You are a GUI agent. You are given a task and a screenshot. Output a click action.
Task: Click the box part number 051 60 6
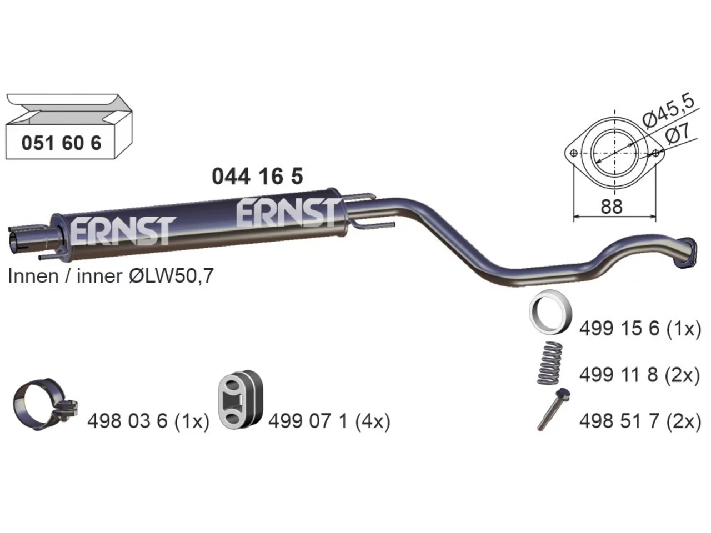pyautogui.click(x=62, y=143)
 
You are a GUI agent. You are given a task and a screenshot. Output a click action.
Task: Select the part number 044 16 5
pyautogui.click(x=257, y=177)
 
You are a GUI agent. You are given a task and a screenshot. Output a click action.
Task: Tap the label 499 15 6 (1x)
pyautogui.click(x=640, y=329)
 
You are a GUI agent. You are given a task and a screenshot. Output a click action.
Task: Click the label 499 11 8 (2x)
pyautogui.click(x=640, y=375)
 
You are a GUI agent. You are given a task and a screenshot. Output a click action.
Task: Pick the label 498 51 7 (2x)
pyautogui.click(x=640, y=421)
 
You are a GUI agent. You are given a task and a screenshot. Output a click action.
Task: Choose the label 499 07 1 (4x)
pyautogui.click(x=329, y=421)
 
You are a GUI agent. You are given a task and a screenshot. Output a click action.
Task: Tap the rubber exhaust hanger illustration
pyautogui.click(x=240, y=400)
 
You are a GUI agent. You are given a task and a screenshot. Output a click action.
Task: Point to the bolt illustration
pyautogui.click(x=554, y=409)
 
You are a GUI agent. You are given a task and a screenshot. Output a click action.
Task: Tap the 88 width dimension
pyautogui.click(x=612, y=207)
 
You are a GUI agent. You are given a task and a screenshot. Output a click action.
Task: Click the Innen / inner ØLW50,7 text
pyautogui.click(x=111, y=276)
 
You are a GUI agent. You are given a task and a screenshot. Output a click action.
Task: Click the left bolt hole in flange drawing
pyautogui.click(x=573, y=153)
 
